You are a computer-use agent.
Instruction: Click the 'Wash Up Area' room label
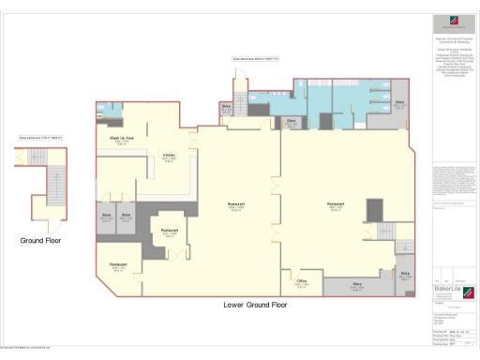coord(122,139)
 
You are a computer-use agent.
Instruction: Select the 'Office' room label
coord(302,280)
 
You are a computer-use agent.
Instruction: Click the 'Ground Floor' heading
coord(40,241)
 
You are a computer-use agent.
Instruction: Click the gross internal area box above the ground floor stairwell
coord(40,139)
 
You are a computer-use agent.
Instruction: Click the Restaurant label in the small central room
coord(170,230)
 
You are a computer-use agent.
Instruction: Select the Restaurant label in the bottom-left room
coord(119,265)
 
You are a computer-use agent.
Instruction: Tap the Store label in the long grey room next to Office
coord(357,282)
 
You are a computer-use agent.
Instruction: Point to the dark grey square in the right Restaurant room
coord(374,212)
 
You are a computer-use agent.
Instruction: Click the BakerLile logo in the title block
coord(448,290)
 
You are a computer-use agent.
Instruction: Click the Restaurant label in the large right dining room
coord(336,203)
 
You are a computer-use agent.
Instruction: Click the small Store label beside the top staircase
coord(226,107)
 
